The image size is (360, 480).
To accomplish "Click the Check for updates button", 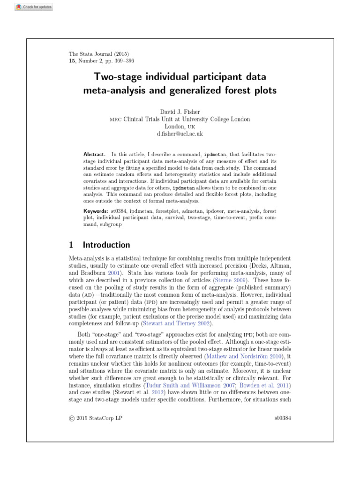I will click(34, 7).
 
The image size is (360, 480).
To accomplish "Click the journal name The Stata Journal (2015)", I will click(99, 54).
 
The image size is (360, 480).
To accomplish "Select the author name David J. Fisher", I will click(180, 112).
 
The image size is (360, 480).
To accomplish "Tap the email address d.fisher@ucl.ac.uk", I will click(180, 134).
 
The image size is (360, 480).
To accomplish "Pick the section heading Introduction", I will click(106, 245).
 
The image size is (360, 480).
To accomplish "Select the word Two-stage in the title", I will click(114, 76).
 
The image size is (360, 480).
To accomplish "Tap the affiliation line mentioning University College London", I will click(180, 120).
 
